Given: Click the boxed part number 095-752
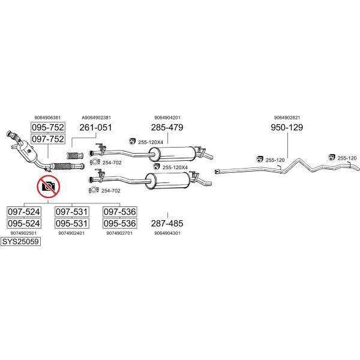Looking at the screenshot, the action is (x=48, y=127).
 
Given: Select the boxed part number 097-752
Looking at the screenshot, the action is (x=48, y=139).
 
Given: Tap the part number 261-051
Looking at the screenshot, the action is (x=95, y=127).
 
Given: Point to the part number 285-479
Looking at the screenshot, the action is (x=167, y=127).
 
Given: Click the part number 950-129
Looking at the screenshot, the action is (x=287, y=127).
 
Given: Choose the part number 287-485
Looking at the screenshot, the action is (x=167, y=223).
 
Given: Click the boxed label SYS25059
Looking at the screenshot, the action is (x=20, y=242).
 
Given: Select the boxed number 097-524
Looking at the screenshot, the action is (x=24, y=212).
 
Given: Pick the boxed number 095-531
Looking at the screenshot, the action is (x=71, y=223).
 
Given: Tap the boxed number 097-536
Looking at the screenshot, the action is (x=119, y=212).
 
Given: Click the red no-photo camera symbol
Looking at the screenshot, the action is (x=49, y=187).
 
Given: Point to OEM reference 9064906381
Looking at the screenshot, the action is (x=47, y=118).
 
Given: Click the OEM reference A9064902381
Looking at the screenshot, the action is (x=96, y=118).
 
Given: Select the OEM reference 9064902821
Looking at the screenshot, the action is (x=287, y=118).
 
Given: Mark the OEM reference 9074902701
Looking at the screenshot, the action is (x=119, y=233).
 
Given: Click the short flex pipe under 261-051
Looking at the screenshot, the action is (x=75, y=155).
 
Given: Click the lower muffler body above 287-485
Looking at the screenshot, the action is (x=168, y=181).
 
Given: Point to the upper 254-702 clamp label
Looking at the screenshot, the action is (x=112, y=163).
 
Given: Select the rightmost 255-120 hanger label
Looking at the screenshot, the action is (x=347, y=158).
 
